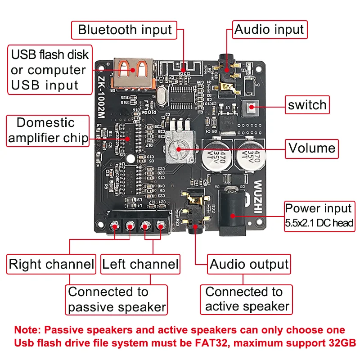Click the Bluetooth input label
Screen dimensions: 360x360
coord(125,30)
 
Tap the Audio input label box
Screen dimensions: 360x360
coord(270,30)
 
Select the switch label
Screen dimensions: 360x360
coord(307,105)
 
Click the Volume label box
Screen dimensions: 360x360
coord(312,148)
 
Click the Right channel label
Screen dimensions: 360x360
coord(51,264)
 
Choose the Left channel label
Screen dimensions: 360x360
coord(140,264)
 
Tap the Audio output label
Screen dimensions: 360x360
coord(249,264)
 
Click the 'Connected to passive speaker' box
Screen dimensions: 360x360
coord(117,300)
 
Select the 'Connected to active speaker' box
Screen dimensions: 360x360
coord(247,299)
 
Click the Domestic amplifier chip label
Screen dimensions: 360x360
coord(48,130)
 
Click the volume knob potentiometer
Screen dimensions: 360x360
coord(178,148)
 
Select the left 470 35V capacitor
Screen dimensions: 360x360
coord(219,156)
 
